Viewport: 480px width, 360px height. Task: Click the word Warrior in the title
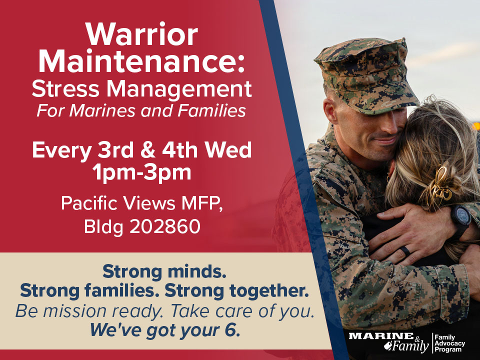click(x=141, y=34)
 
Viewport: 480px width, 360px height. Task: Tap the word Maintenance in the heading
click(x=137, y=61)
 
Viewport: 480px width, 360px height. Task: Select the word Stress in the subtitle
click(x=65, y=89)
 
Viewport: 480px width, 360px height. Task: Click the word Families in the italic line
click(x=211, y=110)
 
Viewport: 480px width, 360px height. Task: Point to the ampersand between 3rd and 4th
click(x=148, y=150)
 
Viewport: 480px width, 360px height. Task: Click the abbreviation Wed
click(x=228, y=149)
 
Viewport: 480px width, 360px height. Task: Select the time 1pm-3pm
click(x=142, y=172)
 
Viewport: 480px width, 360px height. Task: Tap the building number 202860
click(x=165, y=227)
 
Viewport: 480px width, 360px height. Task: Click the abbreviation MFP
click(x=202, y=202)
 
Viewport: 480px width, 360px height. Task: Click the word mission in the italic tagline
click(x=76, y=310)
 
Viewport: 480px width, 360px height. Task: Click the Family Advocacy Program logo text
click(x=449, y=343)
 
